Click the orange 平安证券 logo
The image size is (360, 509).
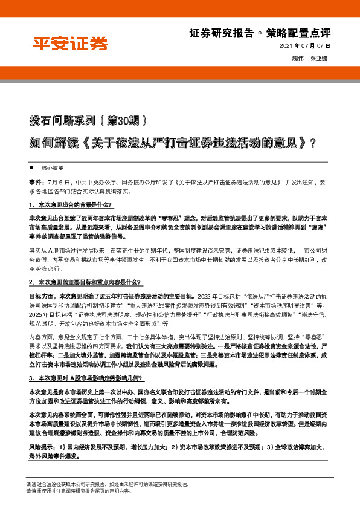tap(70, 44)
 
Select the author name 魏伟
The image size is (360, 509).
tap(297, 59)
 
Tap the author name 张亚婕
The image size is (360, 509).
tap(320, 59)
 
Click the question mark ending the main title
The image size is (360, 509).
tap(295, 146)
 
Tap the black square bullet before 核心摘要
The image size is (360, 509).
tap(31, 167)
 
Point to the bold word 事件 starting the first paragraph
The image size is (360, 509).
tap(34, 181)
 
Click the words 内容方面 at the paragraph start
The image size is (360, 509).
tap(40, 336)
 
